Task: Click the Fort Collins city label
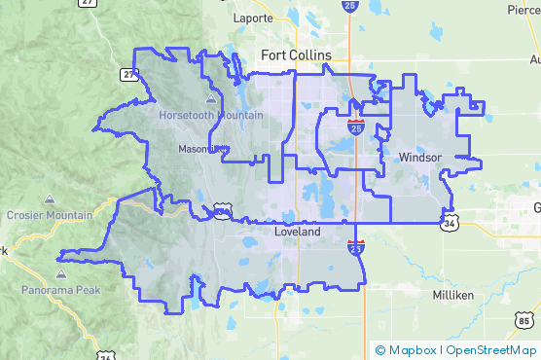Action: (296, 55)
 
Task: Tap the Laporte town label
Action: (255, 18)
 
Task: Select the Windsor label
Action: (420, 157)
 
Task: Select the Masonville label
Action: (202, 149)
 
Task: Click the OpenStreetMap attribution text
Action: (490, 350)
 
